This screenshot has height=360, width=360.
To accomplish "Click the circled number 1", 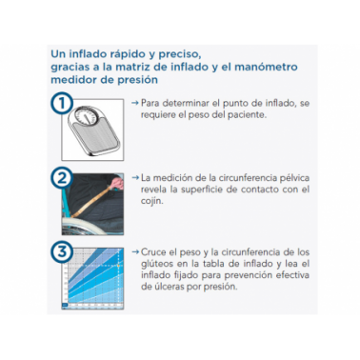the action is [62, 104].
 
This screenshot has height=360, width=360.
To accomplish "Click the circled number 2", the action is [62, 178].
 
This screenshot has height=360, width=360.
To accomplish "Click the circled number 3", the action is [62, 252].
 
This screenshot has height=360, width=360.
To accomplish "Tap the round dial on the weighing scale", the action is [86, 114].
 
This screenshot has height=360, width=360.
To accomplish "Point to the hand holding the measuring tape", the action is [117, 183].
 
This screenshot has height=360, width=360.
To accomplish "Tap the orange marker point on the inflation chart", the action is [118, 265].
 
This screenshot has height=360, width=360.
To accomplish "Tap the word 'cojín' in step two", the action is [151, 201].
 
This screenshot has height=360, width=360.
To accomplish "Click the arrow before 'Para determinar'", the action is [135, 103].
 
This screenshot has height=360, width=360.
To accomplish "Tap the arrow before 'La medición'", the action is [135, 177].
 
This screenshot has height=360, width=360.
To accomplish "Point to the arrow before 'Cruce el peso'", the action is [135, 252].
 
